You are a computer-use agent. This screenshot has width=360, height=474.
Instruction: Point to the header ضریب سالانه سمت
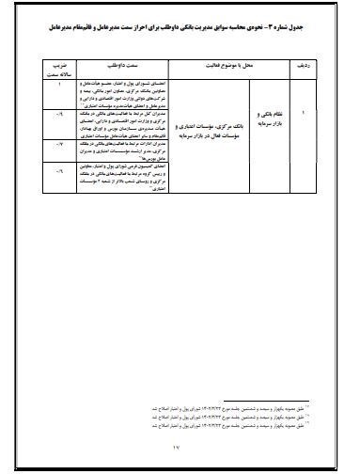click(61, 69)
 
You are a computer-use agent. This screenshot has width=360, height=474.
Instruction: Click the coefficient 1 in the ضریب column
click(61, 86)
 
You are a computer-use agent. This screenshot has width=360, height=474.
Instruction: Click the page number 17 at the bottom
click(179, 455)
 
